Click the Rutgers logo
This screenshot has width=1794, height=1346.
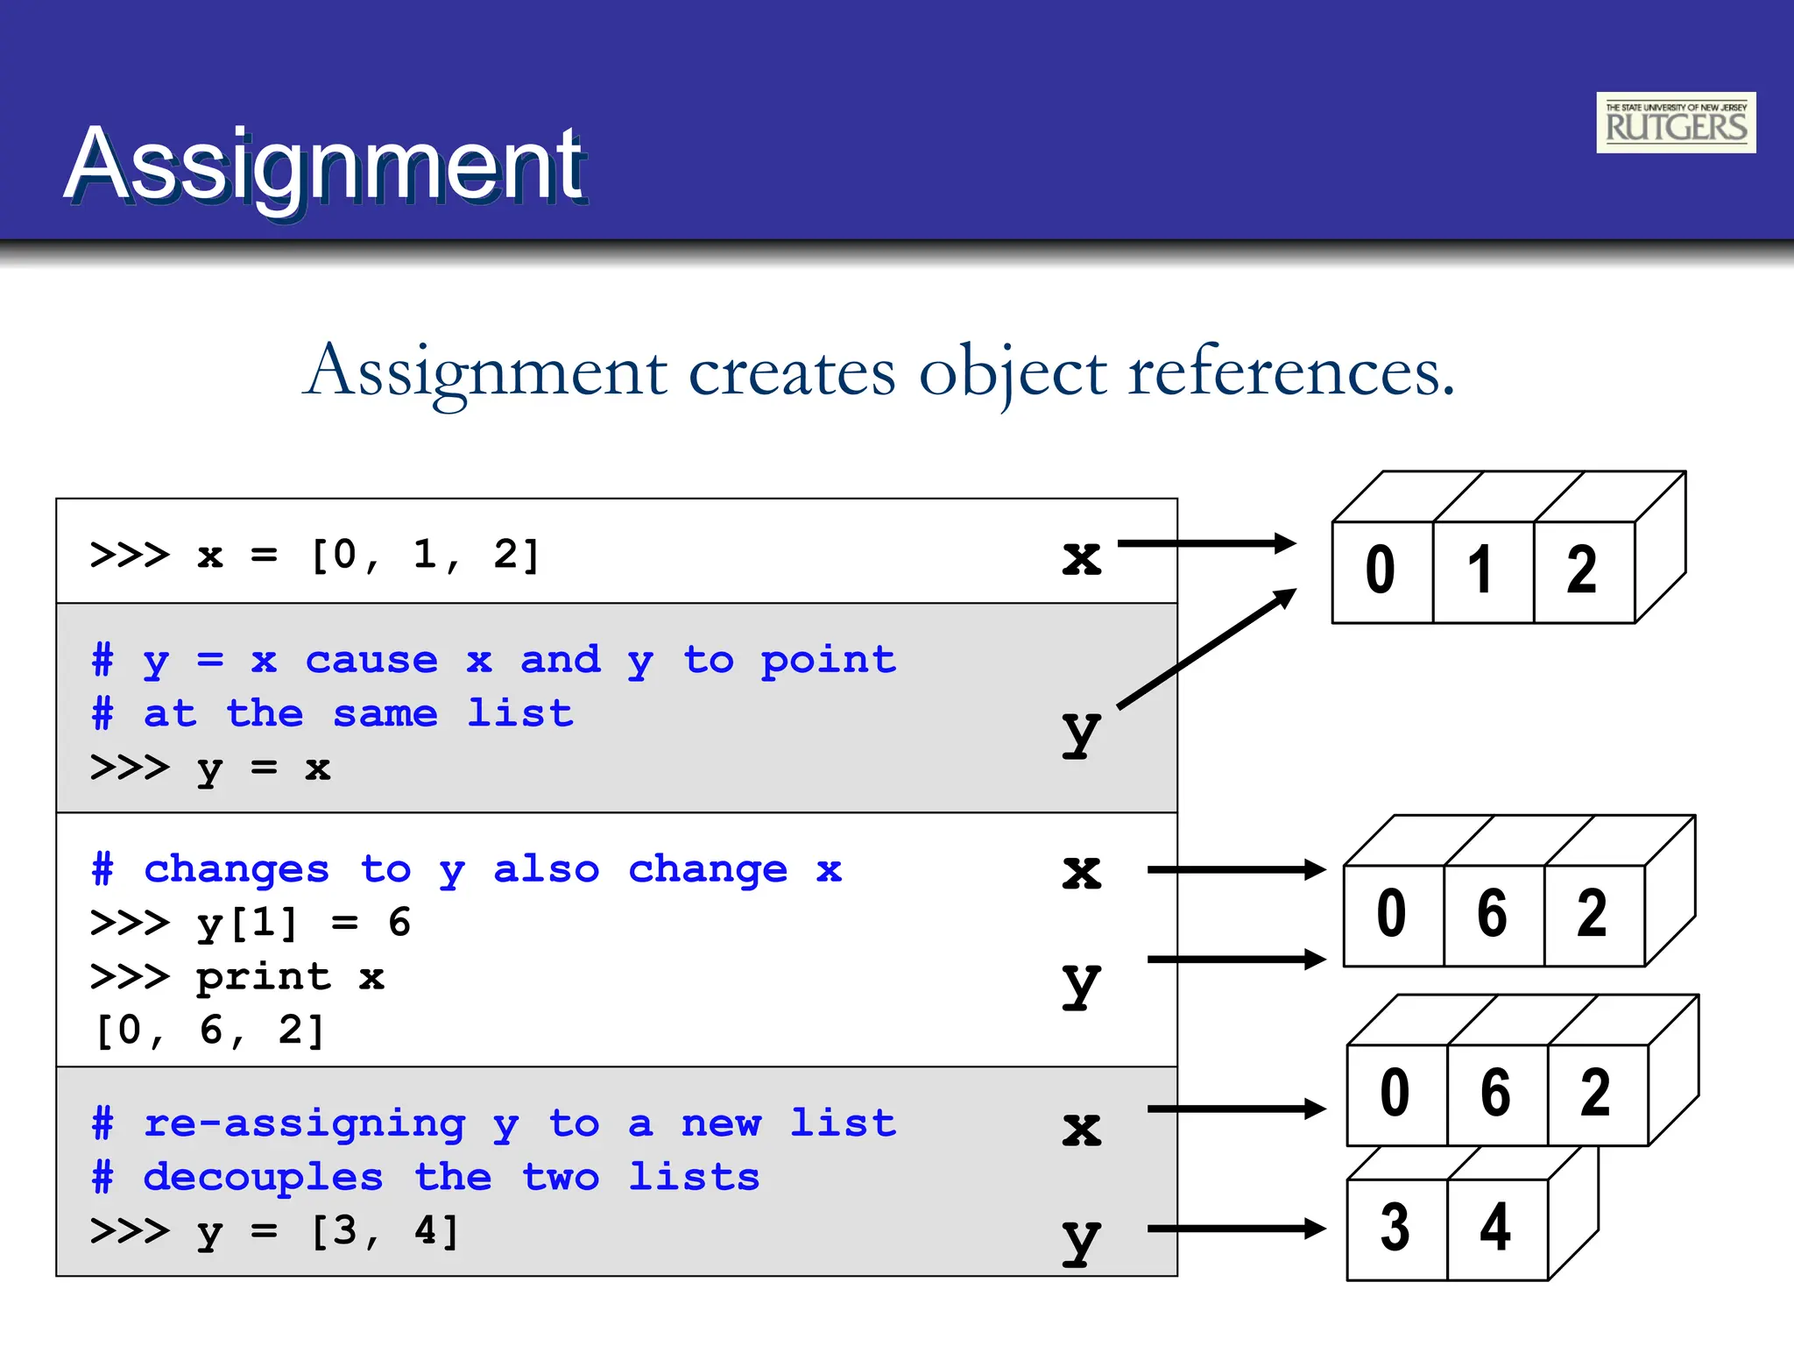1675,123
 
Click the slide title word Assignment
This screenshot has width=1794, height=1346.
325,164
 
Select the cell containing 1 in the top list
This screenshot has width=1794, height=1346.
1482,570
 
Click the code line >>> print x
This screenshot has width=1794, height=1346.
237,976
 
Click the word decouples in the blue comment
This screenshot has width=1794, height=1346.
264,1177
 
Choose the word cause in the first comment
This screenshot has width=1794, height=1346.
371,660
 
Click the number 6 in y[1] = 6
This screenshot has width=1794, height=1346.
399,923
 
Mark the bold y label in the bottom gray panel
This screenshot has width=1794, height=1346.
1081,1238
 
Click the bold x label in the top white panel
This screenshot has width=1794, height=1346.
1081,558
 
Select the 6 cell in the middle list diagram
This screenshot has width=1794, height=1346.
1493,914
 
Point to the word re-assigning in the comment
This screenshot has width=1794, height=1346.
304,1123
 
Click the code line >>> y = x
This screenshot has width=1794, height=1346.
210,768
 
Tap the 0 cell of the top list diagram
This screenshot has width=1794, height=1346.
1381,570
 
